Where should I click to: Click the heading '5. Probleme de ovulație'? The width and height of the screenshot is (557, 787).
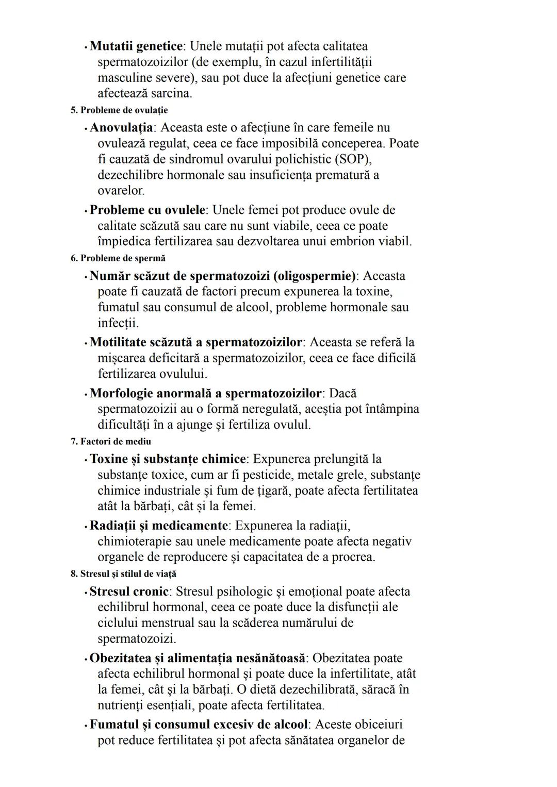coord(119,110)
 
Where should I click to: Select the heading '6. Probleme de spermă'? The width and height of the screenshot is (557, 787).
coord(118,258)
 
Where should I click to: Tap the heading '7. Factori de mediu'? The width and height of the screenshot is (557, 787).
coord(111,442)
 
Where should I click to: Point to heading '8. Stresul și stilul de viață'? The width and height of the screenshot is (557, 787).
coord(123,574)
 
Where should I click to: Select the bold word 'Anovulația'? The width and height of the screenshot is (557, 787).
coord(121,127)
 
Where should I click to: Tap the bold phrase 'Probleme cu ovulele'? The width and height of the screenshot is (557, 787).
coord(148,210)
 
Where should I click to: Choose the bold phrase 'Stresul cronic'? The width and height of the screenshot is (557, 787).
coord(129,592)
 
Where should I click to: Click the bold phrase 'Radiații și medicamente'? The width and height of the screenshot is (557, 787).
coord(158,526)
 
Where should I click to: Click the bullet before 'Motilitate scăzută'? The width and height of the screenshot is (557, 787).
coord(85,343)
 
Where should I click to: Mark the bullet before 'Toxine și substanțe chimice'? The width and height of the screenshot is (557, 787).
coord(85,460)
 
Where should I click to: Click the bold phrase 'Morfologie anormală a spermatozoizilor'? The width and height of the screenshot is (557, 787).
coord(206,394)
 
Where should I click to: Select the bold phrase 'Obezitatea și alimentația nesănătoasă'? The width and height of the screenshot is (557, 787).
coord(197,658)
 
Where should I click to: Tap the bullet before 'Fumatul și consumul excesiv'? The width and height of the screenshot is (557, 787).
coord(85,725)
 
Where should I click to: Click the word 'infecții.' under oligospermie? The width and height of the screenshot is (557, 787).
coord(118,323)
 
